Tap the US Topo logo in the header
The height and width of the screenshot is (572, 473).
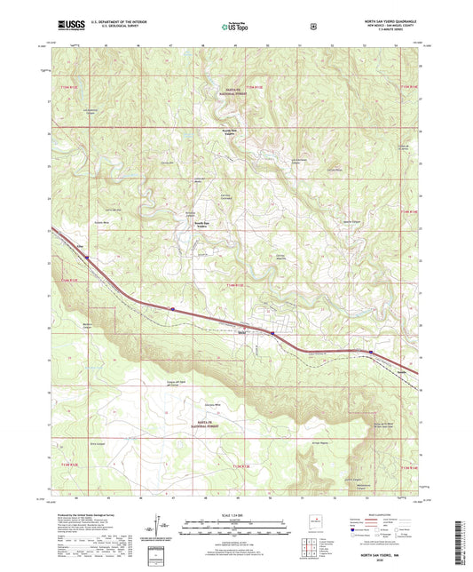click(236, 28)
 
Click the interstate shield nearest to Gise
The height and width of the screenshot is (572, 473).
click(88, 258)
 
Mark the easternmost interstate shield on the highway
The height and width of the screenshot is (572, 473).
click(369, 352)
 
